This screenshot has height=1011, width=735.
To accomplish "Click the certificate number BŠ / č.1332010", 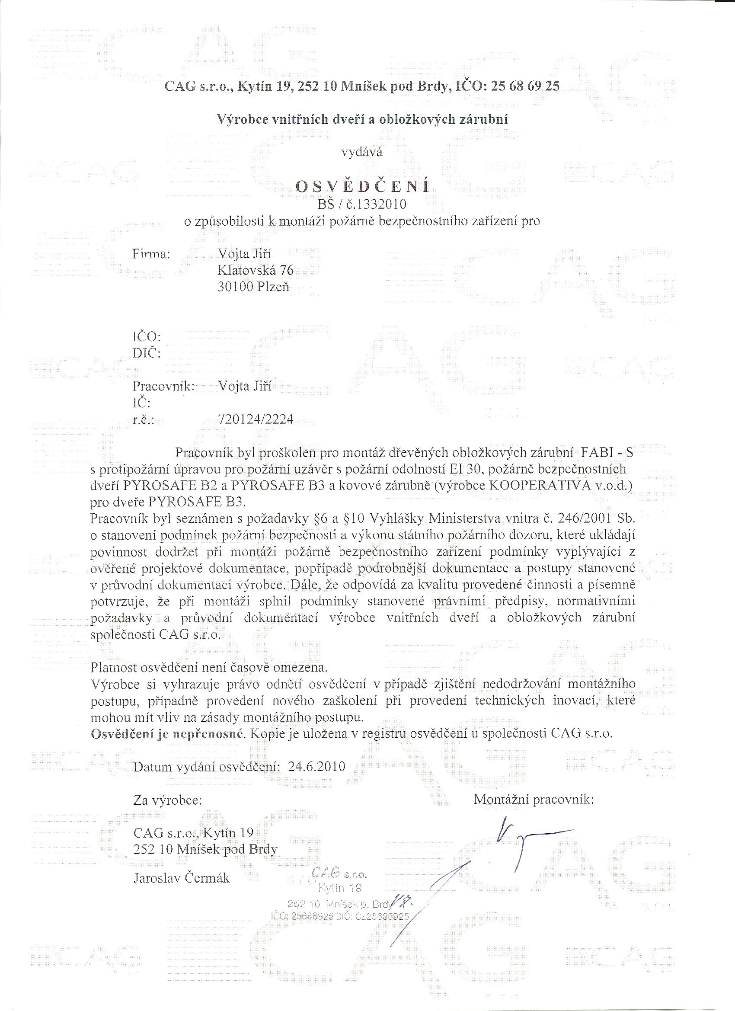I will [x=361, y=205].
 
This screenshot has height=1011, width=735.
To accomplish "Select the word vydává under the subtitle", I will [x=361, y=153].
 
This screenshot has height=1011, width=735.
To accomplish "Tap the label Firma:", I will [x=152, y=254].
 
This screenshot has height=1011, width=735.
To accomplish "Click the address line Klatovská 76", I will [x=256, y=270].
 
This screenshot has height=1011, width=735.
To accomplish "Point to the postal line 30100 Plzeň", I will [x=253, y=287].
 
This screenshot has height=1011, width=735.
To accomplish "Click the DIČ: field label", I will [x=147, y=353].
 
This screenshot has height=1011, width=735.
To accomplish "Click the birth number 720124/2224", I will [x=256, y=419].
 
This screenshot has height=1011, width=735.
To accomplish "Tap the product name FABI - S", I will [x=607, y=453].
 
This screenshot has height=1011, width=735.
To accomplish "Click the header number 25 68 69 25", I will [x=525, y=86].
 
